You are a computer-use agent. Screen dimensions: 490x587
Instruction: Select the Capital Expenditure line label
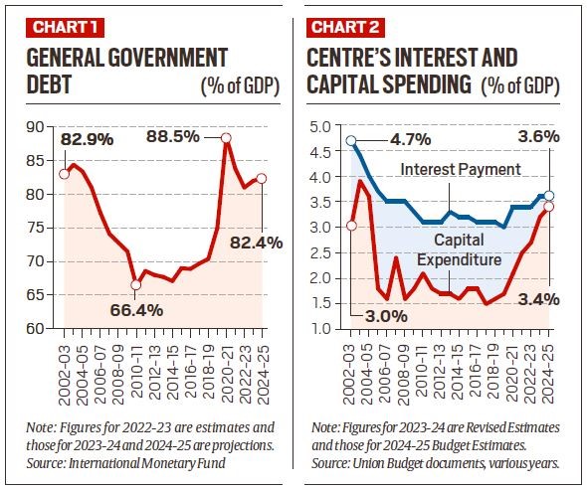(459, 248)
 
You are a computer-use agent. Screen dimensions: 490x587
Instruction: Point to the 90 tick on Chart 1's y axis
(46, 127)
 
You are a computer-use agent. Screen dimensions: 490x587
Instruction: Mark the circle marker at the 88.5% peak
(227, 138)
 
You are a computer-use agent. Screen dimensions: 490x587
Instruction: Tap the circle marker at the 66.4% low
(136, 285)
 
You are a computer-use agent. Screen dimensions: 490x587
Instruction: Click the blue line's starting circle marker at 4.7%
(350, 141)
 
